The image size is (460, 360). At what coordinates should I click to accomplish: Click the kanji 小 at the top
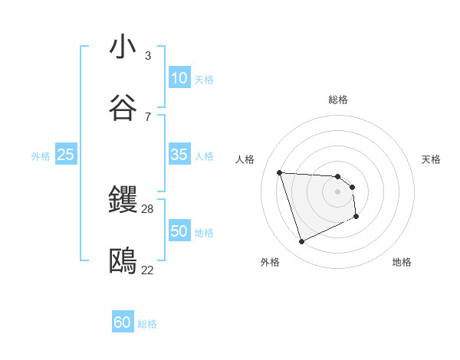coord(123,47)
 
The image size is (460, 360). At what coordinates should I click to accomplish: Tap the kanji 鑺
coord(123,200)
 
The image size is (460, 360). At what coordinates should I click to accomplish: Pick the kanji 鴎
coord(123,261)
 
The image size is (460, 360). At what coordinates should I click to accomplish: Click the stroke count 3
coord(148,56)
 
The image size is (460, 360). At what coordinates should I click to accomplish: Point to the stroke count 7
coord(148,117)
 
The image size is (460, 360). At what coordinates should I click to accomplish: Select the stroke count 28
coord(148,209)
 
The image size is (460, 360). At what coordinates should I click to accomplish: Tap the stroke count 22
coord(148,270)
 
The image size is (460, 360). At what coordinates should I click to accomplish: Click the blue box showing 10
coord(179,78)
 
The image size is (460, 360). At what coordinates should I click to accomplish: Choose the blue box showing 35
coord(179,155)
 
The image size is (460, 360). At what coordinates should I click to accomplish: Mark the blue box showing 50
coord(179,231)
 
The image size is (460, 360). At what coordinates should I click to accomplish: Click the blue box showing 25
coord(66,155)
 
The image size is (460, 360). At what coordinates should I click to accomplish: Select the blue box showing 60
coord(123,322)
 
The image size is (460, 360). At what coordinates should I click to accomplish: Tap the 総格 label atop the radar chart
coord(338,100)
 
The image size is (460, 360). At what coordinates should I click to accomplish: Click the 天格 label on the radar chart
coord(431,159)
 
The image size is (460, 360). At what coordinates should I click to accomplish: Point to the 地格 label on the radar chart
coord(402,262)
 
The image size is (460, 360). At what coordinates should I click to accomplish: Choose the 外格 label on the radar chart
coord(270,262)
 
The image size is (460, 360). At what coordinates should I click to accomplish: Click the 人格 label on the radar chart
coord(245,159)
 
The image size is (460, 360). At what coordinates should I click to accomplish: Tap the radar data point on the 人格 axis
coord(280,172)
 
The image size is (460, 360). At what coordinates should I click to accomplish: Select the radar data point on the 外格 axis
coord(301,242)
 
